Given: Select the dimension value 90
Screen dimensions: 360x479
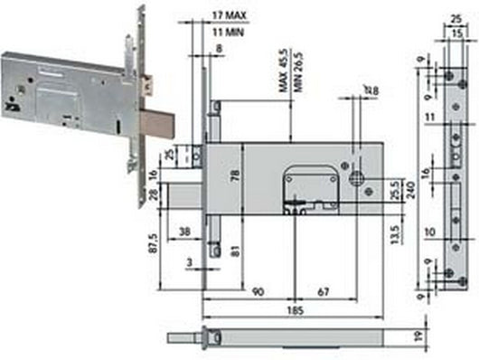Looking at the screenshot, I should point(258,291).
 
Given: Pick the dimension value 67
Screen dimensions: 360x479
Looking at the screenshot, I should point(323,291).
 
